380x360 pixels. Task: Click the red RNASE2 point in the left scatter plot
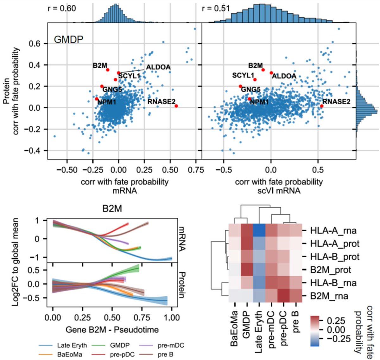(176, 106)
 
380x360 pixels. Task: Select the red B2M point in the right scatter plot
(263, 70)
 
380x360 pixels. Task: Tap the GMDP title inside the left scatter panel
(68, 40)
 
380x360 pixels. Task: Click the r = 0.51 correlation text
(216, 8)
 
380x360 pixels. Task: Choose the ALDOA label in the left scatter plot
(158, 67)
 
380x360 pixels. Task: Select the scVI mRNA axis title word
(279, 190)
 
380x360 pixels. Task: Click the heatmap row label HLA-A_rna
(330, 230)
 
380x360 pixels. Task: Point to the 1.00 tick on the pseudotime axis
(171, 318)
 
